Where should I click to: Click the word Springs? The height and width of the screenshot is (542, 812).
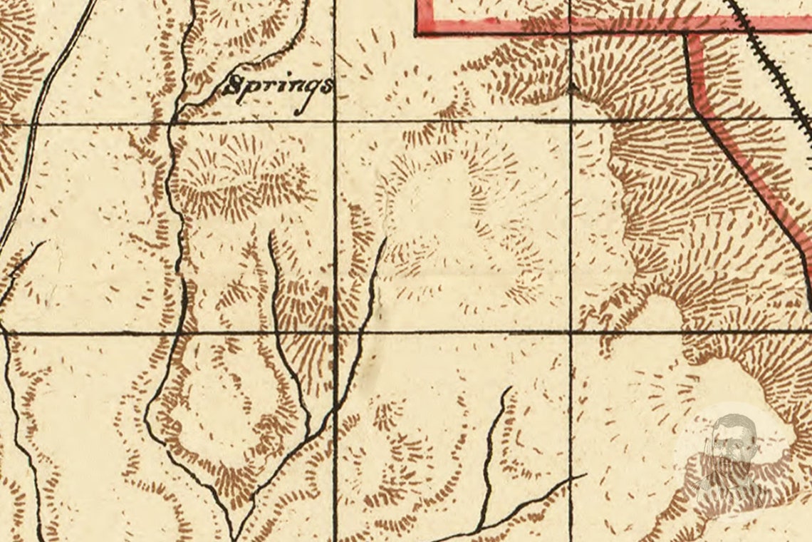(x=278, y=88)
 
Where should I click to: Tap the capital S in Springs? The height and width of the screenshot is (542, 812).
(x=231, y=86)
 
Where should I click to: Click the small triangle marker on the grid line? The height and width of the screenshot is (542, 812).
(x=571, y=88)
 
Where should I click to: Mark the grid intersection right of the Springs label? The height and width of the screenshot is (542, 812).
(x=335, y=123)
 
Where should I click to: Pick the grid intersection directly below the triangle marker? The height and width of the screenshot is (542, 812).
(x=571, y=121)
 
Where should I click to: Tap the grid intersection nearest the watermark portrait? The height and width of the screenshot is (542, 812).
(x=571, y=332)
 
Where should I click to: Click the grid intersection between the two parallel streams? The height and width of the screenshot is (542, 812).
(x=335, y=332)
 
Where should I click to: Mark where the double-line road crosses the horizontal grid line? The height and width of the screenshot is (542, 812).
(x=31, y=124)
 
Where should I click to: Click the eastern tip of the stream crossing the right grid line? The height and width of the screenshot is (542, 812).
(x=585, y=474)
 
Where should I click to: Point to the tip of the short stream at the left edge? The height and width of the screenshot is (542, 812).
(x=44, y=242)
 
